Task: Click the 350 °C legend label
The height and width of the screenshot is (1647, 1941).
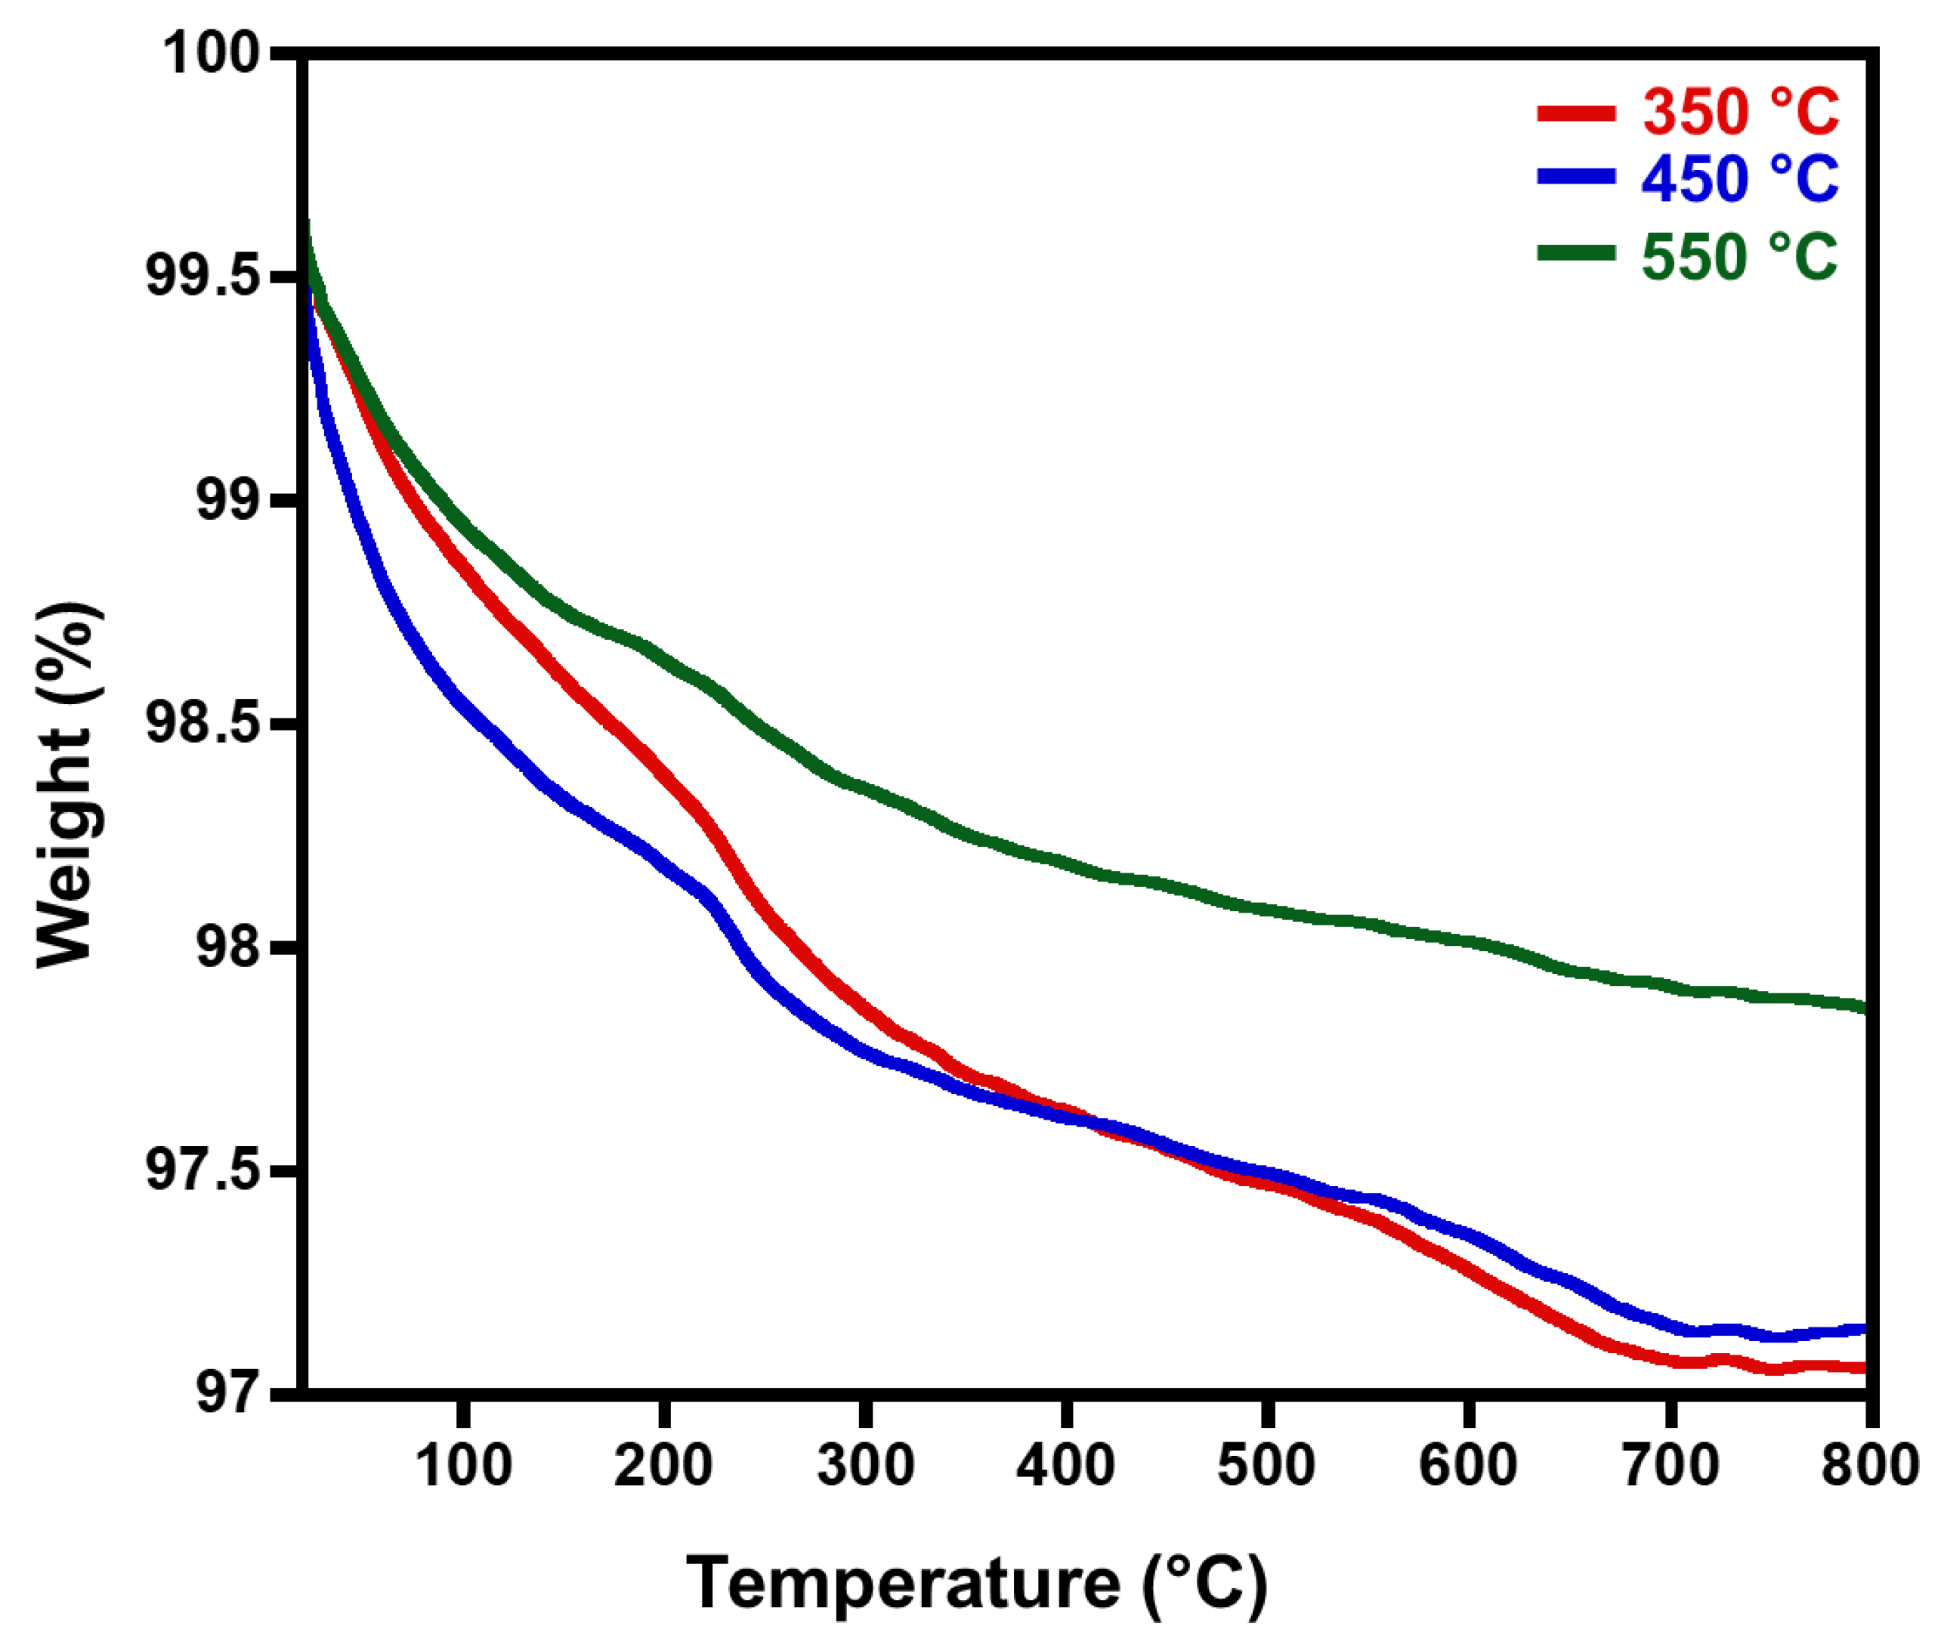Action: click(1739, 113)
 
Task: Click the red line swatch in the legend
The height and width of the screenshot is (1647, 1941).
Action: click(1577, 114)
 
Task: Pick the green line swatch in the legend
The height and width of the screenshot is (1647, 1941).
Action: click(1577, 252)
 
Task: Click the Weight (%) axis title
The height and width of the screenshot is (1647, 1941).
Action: click(70, 784)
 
